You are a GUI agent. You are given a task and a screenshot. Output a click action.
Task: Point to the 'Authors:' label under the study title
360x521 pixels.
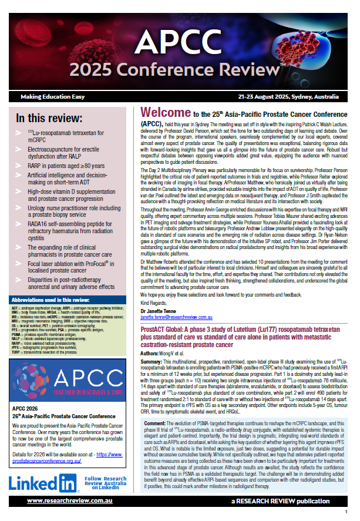click(151, 354)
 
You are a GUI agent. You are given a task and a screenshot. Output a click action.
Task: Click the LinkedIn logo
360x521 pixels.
click(44, 484)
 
